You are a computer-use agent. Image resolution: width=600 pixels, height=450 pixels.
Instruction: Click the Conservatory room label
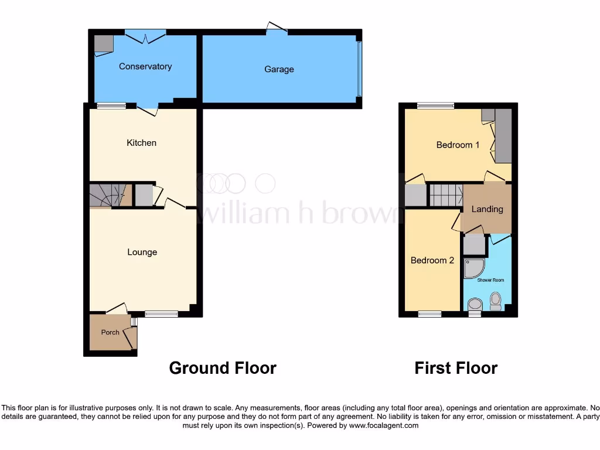coord(145,67)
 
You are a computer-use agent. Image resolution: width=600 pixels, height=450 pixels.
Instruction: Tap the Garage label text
coord(279,70)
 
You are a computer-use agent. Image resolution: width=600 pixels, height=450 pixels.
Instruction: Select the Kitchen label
coord(142,143)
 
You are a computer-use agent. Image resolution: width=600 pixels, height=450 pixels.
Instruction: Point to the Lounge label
coord(142,253)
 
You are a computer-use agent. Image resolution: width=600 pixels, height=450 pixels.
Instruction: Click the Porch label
coord(110,332)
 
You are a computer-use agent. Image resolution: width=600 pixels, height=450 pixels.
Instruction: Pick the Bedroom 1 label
coord(458,145)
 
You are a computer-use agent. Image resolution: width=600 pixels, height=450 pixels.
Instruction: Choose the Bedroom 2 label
coord(432,261)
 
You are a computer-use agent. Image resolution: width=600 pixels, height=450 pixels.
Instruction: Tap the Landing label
coord(487,209)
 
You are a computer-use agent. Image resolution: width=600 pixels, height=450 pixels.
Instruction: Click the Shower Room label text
coord(490,281)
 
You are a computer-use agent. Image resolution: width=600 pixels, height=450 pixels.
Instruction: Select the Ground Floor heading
coord(223,368)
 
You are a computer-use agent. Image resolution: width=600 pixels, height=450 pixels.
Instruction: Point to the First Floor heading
coord(456,368)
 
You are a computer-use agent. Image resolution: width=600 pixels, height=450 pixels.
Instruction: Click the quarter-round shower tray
coord(473,268)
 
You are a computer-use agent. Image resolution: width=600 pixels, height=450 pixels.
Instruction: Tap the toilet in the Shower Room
coord(496,301)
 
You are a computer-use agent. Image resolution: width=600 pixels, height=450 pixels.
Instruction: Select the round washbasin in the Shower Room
coord(475,304)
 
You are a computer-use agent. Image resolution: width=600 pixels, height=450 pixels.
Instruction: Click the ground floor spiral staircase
coord(109,195)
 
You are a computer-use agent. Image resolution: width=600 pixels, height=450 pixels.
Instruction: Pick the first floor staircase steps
coord(446,195)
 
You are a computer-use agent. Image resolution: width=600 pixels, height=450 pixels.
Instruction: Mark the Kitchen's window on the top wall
coord(111,106)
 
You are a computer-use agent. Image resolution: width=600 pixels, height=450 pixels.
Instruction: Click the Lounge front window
coord(161,314)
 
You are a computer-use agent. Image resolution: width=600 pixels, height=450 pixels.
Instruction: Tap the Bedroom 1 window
coord(436,106)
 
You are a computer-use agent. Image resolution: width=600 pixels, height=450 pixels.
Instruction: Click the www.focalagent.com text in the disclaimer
coord(384,425)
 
